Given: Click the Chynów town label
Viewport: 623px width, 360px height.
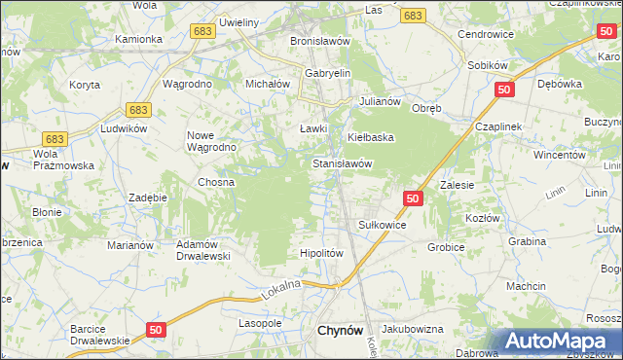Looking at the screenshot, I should (342, 331).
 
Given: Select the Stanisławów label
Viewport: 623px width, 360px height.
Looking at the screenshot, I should (343, 164).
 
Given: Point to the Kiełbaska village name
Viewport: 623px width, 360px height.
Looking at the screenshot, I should (371, 137).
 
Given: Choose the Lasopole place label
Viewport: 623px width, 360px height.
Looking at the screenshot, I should (260, 322).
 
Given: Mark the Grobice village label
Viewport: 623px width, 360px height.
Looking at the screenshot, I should (446, 247).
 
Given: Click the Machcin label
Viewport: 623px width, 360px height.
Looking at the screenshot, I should (525, 286).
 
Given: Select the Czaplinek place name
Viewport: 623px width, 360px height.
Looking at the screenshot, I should (499, 127).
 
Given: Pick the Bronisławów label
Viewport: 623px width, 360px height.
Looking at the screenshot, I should (319, 42).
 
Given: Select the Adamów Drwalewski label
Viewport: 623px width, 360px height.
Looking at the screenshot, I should (202, 250).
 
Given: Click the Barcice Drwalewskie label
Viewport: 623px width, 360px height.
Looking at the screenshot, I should (99, 335).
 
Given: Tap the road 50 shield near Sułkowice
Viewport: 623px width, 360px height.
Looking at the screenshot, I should (413, 198).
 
